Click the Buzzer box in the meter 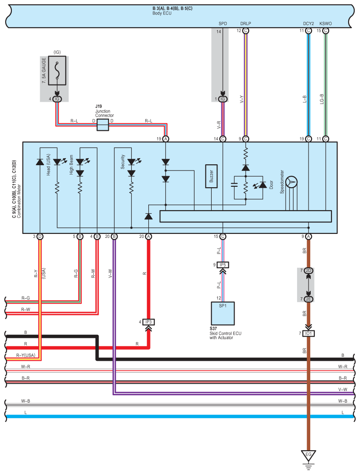[x=211, y=176]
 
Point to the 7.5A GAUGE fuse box [x=57, y=70]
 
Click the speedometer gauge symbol [x=291, y=181]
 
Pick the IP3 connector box [x=148, y=322]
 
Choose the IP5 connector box [x=223, y=265]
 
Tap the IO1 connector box [x=309, y=333]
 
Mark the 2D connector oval [x=309, y=270]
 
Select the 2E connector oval [x=309, y=299]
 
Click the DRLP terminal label [x=246, y=23]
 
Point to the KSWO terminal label [x=326, y=23]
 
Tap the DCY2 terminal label [x=309, y=23]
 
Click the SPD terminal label [x=223, y=23]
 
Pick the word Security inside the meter [x=123, y=162]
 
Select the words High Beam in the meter [x=71, y=165]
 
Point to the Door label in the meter [x=272, y=184]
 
